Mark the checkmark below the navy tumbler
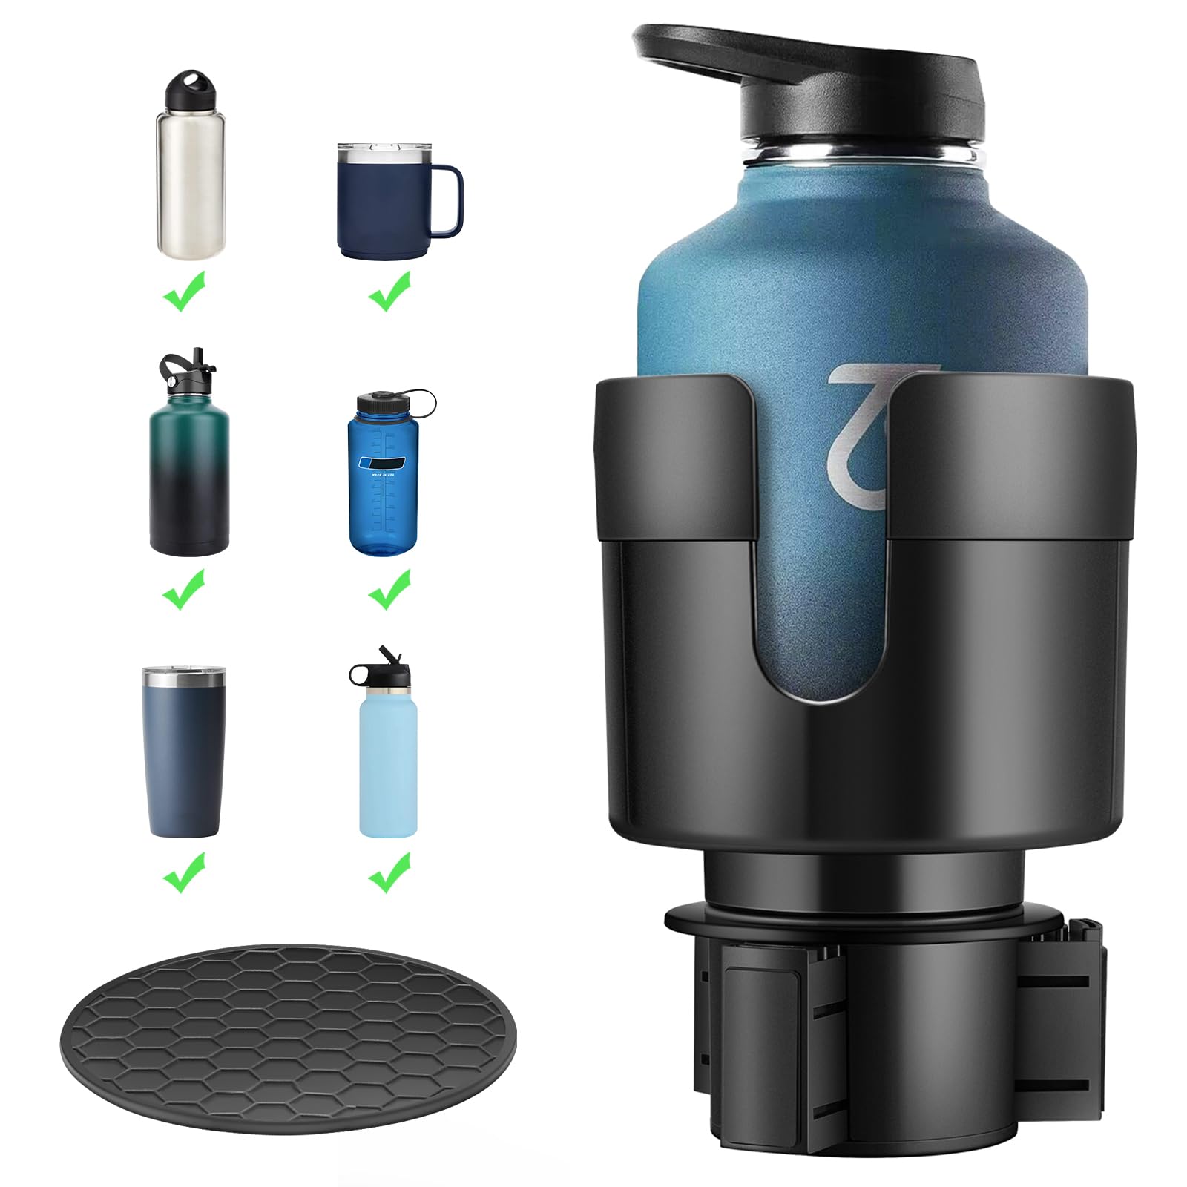coord(183,871)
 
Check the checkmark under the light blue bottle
coord(389,871)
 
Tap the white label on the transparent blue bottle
coord(384,462)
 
